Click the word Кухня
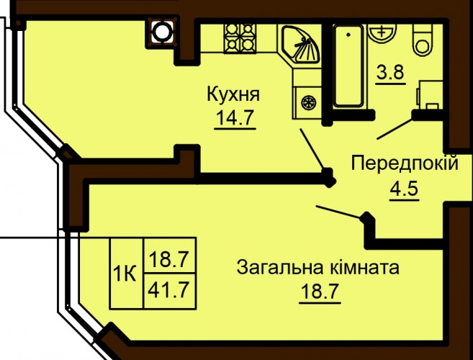[233, 94]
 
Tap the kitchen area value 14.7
[235, 117]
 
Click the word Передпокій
[405, 163]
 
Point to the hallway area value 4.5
[404, 189]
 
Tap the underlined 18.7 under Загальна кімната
[320, 291]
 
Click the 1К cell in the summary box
[127, 273]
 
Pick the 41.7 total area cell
[170, 291]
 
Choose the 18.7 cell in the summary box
[170, 256]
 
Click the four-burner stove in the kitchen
[240, 37]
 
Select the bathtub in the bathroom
[348, 66]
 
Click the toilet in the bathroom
[423, 39]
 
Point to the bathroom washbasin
[382, 32]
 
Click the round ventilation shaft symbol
[162, 32]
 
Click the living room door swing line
[339, 212]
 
